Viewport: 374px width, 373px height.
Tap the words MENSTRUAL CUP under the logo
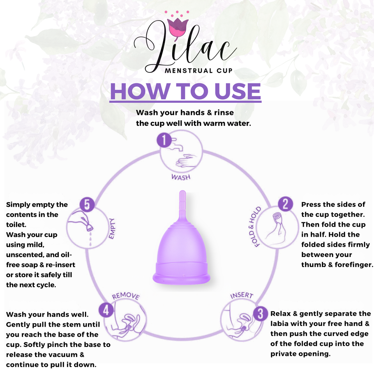click(x=194, y=71)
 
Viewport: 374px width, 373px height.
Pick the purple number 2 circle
click(x=285, y=204)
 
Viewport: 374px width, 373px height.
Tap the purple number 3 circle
click(x=260, y=313)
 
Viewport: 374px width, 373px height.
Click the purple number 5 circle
click(x=87, y=204)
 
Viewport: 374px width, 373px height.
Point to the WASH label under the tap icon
click(x=181, y=177)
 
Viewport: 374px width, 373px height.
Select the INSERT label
click(x=242, y=296)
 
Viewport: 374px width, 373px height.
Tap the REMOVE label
click(x=125, y=296)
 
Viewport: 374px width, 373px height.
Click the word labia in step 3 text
click(x=281, y=324)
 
